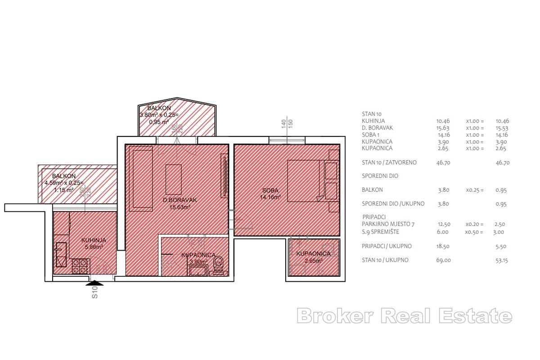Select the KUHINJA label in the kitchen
click(94, 240)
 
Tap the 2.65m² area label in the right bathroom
click(314, 261)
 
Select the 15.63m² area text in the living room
click(180, 207)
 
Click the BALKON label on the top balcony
click(159, 108)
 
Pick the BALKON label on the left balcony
click(63, 176)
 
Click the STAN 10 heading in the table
click(371, 114)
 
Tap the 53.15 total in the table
click(501, 260)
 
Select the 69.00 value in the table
click(443, 260)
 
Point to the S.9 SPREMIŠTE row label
click(380, 232)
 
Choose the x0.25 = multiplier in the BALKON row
click(475, 190)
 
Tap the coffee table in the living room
click(173, 179)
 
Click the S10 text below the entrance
click(95, 293)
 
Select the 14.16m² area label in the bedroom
click(271, 197)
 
